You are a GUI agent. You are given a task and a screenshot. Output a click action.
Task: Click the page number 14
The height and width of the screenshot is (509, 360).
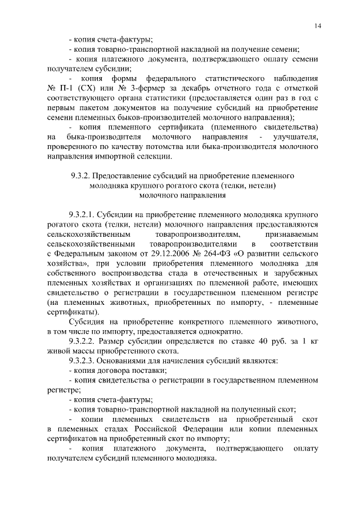coord(318,25)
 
